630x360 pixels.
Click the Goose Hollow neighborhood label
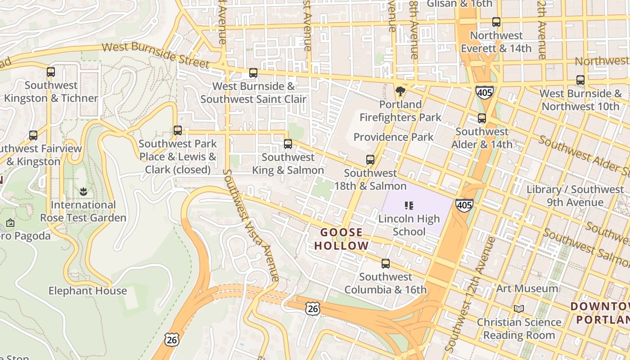(341, 239)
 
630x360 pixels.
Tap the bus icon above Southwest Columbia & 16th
(386, 264)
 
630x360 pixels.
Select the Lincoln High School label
(409, 225)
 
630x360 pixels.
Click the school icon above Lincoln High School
(409, 206)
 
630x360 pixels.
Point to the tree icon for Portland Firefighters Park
(400, 92)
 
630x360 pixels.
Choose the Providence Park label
(393, 137)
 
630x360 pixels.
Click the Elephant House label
(88, 291)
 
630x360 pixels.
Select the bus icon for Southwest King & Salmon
(288, 144)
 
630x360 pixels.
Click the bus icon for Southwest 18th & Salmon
(370, 160)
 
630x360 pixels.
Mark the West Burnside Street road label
(155, 55)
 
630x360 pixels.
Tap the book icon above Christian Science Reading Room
(519, 309)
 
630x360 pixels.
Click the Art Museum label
(527, 288)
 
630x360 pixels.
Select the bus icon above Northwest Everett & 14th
(496, 22)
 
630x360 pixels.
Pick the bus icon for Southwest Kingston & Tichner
(51, 72)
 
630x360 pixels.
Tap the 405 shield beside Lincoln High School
(464, 205)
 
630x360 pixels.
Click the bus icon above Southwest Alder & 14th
(482, 118)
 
